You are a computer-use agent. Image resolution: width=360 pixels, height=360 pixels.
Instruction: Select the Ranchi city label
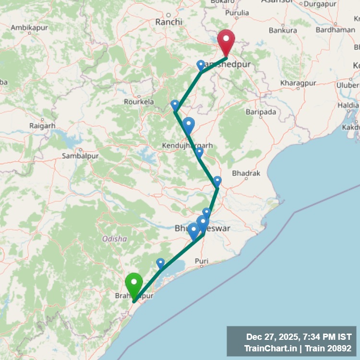(x=169, y=22)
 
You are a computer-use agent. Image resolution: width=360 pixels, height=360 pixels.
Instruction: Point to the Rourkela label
(x=139, y=102)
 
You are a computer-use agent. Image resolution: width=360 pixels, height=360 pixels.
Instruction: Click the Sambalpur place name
(x=80, y=156)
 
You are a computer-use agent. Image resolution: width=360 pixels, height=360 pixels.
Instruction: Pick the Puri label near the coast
(x=202, y=261)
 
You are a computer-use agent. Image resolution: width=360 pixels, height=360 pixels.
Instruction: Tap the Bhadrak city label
(x=246, y=173)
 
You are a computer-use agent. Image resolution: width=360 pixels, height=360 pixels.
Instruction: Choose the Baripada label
(x=262, y=112)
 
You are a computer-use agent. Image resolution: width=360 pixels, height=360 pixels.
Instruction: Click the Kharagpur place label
(x=299, y=83)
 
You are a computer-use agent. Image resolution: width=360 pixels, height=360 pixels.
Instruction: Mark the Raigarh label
(x=42, y=126)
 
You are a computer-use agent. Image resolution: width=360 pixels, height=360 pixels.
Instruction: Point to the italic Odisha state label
(x=115, y=239)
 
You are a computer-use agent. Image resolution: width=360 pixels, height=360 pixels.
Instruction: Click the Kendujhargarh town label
(x=187, y=145)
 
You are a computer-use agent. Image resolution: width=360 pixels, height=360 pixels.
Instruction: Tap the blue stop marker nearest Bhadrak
(x=217, y=181)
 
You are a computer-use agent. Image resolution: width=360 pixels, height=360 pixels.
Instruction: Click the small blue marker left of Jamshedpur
(x=201, y=65)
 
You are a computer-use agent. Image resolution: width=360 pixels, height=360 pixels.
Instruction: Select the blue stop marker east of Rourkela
(x=175, y=105)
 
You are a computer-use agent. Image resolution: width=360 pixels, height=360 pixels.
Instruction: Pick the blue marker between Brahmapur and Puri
(x=160, y=263)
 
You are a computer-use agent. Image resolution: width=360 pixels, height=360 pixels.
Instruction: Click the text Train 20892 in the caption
(x=329, y=348)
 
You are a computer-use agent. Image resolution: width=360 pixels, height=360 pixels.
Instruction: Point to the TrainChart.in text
(x=269, y=348)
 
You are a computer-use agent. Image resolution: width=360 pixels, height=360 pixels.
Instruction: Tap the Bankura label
(x=283, y=30)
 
